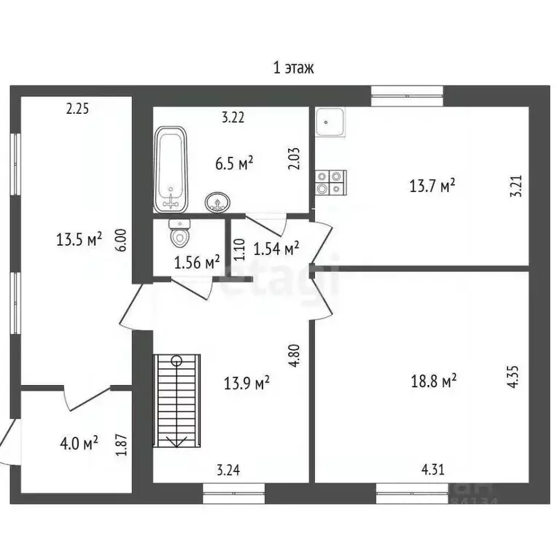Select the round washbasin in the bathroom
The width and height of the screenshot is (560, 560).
[216, 202]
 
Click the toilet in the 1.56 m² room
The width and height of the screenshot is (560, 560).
[179, 233]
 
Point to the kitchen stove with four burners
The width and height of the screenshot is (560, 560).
[330, 182]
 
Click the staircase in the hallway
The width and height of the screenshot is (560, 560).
[176, 400]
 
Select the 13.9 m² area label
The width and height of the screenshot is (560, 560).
[246, 381]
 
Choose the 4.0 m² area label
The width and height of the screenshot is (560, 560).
[77, 443]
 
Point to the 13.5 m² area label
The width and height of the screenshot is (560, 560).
[79, 238]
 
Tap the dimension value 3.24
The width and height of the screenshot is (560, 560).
[228, 470]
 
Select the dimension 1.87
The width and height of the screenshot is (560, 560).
[122, 444]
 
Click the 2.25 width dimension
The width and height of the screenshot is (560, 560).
[77, 109]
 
